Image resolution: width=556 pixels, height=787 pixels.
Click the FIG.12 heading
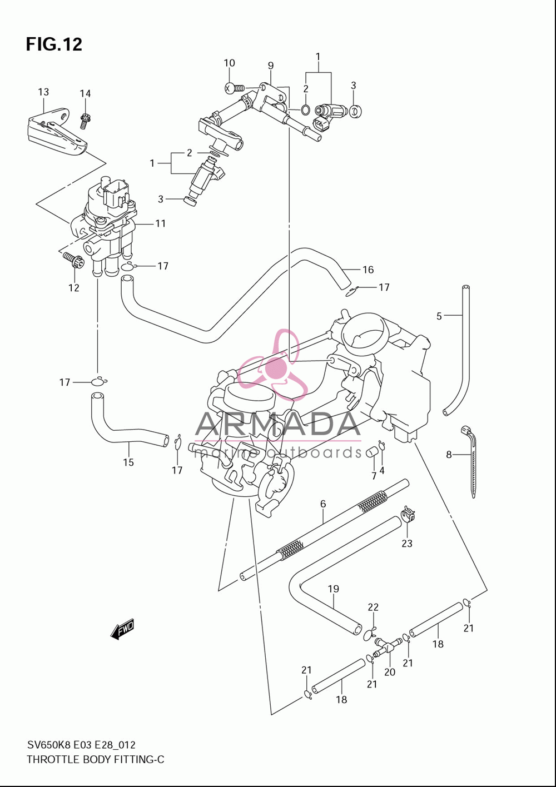[54, 44]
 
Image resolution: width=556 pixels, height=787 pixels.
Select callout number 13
[43, 92]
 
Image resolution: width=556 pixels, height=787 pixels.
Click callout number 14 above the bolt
[85, 93]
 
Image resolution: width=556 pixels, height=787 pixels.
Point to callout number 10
[229, 63]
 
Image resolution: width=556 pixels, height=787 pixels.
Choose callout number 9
[271, 66]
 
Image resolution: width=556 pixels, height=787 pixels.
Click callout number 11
[160, 223]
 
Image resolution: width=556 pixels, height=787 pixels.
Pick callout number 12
[74, 288]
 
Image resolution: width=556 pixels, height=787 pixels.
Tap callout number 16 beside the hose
[368, 270]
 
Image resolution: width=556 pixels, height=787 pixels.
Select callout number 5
[439, 316]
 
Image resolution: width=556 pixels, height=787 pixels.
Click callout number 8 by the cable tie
[449, 455]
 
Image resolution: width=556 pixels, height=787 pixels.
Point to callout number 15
[128, 462]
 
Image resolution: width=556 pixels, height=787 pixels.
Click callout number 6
[323, 504]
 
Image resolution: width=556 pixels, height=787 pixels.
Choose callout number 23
[406, 544]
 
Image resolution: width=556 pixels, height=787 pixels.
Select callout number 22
[373, 607]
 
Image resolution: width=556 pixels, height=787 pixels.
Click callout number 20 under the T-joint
[390, 672]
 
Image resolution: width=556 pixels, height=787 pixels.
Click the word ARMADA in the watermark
[277, 424]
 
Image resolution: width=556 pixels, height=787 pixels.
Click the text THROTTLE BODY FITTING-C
[96, 760]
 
